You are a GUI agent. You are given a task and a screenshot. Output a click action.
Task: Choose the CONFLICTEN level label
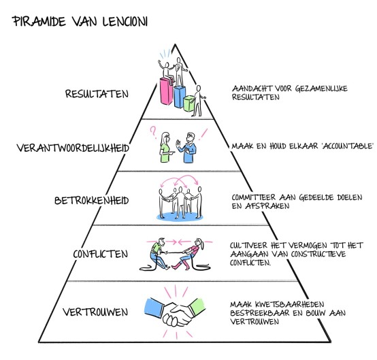pyautogui.click(x=101, y=255)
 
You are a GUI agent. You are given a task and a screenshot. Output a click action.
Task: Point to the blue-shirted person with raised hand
pyautogui.click(x=193, y=147)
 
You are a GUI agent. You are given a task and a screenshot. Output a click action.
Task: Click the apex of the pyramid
pyautogui.click(x=176, y=45)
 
